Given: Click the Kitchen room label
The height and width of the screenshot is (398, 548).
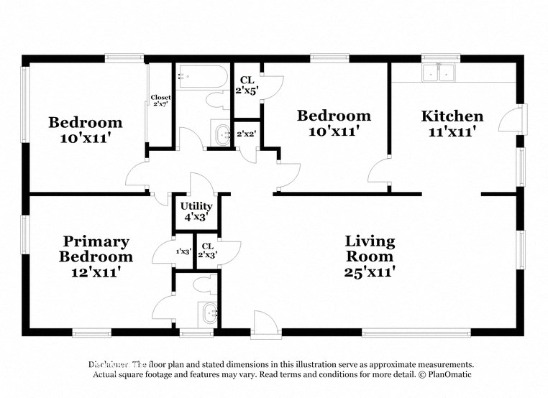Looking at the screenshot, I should [x=452, y=116].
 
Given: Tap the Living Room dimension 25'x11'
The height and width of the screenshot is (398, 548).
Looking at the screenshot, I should [x=369, y=272].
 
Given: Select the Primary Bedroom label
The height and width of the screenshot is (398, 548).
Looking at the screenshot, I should [x=96, y=249].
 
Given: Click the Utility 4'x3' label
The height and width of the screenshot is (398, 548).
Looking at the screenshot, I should [x=196, y=210].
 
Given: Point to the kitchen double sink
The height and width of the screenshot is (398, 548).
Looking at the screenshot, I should [x=439, y=73].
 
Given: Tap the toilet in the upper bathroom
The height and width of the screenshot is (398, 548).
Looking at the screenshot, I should [x=216, y=100].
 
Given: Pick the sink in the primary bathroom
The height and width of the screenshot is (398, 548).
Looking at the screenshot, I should [x=208, y=313].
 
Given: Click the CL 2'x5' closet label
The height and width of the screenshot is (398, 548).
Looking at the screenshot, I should [x=247, y=85].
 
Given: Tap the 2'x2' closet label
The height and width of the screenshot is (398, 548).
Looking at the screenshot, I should [x=247, y=134].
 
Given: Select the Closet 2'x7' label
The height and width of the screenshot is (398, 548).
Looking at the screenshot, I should [x=160, y=101].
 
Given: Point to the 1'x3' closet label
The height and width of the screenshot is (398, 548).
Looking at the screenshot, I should [x=183, y=251].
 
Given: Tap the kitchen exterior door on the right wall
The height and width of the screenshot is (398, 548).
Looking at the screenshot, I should [x=511, y=119].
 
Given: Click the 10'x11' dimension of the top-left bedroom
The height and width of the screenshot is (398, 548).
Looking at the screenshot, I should [x=85, y=138].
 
